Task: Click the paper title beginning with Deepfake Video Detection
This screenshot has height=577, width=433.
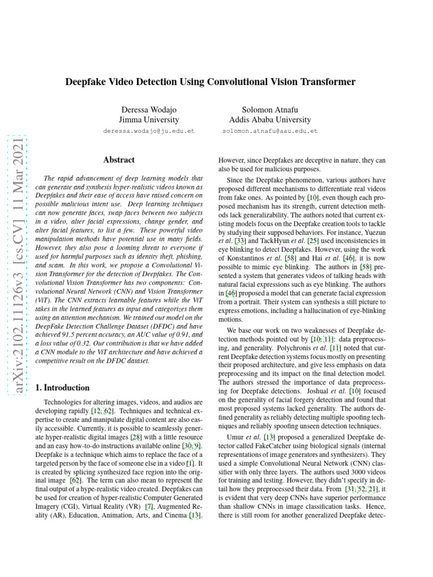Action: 210,82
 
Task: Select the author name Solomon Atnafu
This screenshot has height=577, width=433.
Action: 269,109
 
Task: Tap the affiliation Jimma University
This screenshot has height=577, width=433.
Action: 149,119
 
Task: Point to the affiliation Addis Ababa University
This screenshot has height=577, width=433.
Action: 269,119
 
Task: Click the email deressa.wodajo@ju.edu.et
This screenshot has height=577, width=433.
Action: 149,131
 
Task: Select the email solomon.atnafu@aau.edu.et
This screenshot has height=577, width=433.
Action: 269,131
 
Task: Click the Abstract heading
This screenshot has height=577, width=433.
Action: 118,160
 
